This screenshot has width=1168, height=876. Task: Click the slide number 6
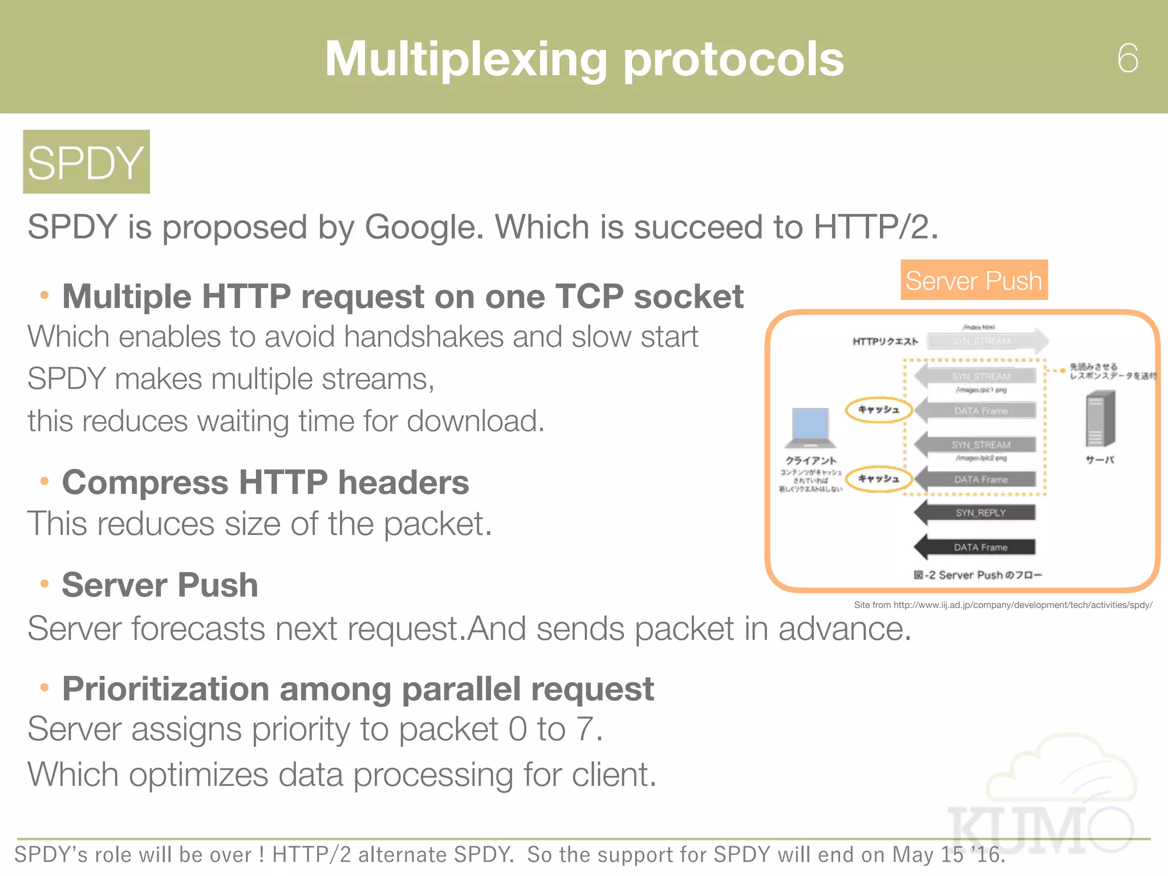click(x=1128, y=58)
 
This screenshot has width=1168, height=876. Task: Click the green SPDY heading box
click(x=86, y=162)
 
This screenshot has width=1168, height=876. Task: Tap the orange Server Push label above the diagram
click(x=974, y=280)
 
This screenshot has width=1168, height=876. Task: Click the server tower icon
click(x=1100, y=419)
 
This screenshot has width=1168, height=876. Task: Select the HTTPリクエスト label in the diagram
click(x=885, y=342)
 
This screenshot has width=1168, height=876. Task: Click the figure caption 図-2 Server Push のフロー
click(x=978, y=575)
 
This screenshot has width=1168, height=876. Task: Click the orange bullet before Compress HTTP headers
click(x=44, y=481)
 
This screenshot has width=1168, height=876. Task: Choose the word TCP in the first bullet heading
click(x=589, y=297)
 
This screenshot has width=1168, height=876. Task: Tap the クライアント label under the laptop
click(x=810, y=460)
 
